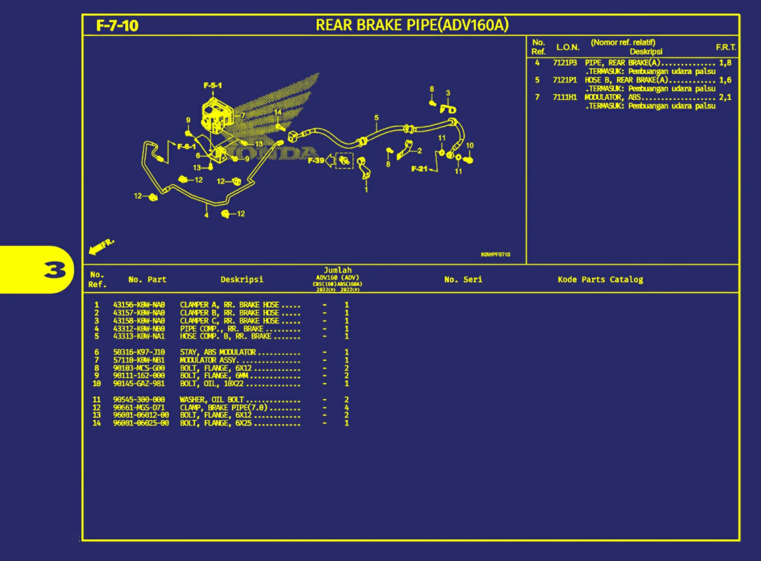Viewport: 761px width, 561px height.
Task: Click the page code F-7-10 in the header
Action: [x=117, y=25]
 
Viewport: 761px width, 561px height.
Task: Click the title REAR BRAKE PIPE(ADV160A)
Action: [x=412, y=25]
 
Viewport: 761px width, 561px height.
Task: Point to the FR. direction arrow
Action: [x=101, y=246]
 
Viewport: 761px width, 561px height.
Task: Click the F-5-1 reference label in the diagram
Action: [x=213, y=86]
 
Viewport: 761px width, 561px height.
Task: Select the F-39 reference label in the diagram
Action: [x=316, y=160]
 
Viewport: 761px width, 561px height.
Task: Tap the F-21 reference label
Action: [x=419, y=169]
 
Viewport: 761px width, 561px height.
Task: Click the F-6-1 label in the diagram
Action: [x=186, y=146]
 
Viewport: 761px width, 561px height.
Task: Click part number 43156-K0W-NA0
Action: [x=138, y=305]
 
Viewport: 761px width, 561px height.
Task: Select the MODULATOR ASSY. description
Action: [x=208, y=360]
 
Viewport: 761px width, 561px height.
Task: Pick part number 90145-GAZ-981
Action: [x=138, y=384]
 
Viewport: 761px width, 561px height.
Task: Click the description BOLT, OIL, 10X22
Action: [x=212, y=384]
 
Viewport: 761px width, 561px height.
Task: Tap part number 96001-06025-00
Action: [x=140, y=423]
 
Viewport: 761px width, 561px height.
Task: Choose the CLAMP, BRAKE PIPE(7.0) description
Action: [x=224, y=407]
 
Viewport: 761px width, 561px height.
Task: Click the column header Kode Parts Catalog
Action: [x=600, y=279]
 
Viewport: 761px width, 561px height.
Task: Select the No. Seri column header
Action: [x=463, y=279]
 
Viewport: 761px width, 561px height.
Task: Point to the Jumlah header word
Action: [x=338, y=270]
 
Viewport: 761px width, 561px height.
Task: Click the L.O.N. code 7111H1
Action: [x=564, y=97]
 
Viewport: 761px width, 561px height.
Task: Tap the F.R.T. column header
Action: [x=726, y=47]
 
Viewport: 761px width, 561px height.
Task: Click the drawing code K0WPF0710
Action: [x=495, y=254]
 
